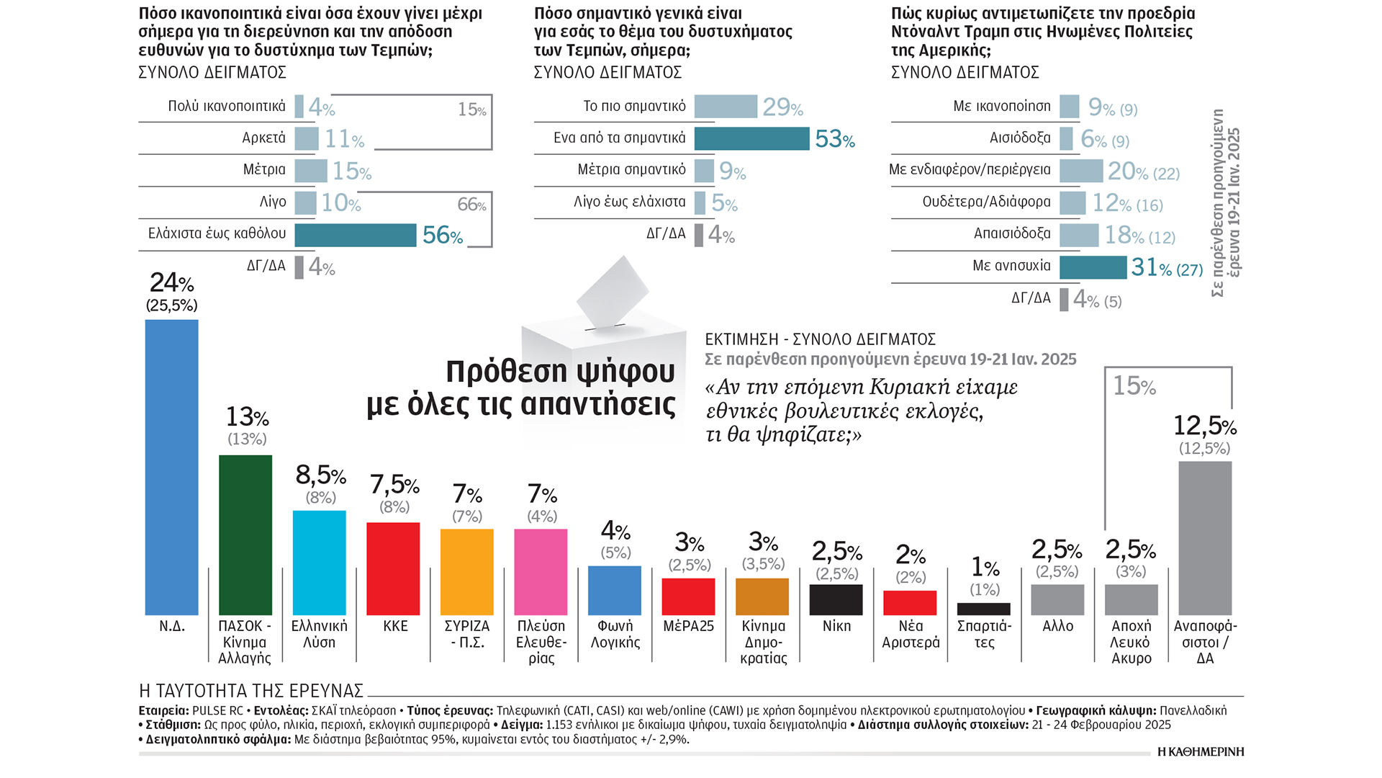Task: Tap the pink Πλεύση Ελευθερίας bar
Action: pyautogui.click(x=541, y=572)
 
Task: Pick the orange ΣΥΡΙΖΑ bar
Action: pyautogui.click(x=466, y=572)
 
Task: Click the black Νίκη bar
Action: pyautogui.click(x=836, y=599)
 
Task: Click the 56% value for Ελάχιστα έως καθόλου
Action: pyautogui.click(x=442, y=236)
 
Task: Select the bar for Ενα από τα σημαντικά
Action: pyautogui.click(x=751, y=138)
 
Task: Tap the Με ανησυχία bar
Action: pyautogui.click(x=1093, y=267)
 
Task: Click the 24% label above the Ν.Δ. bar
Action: pyautogui.click(x=171, y=283)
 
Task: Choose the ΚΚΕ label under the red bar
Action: pyautogui.click(x=395, y=626)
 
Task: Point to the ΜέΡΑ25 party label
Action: pyautogui.click(x=688, y=626)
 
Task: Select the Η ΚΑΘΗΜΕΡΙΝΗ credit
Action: pyautogui.click(x=1200, y=751)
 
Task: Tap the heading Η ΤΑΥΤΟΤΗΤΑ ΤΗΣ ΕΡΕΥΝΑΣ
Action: pyautogui.click(x=250, y=691)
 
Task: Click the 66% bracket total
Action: pyautogui.click(x=471, y=205)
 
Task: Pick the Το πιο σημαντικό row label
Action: pyautogui.click(x=634, y=107)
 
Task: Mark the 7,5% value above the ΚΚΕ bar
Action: pyautogui.click(x=394, y=485)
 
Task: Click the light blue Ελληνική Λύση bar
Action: pyautogui.click(x=319, y=563)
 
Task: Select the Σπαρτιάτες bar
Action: pyautogui.click(x=983, y=609)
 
